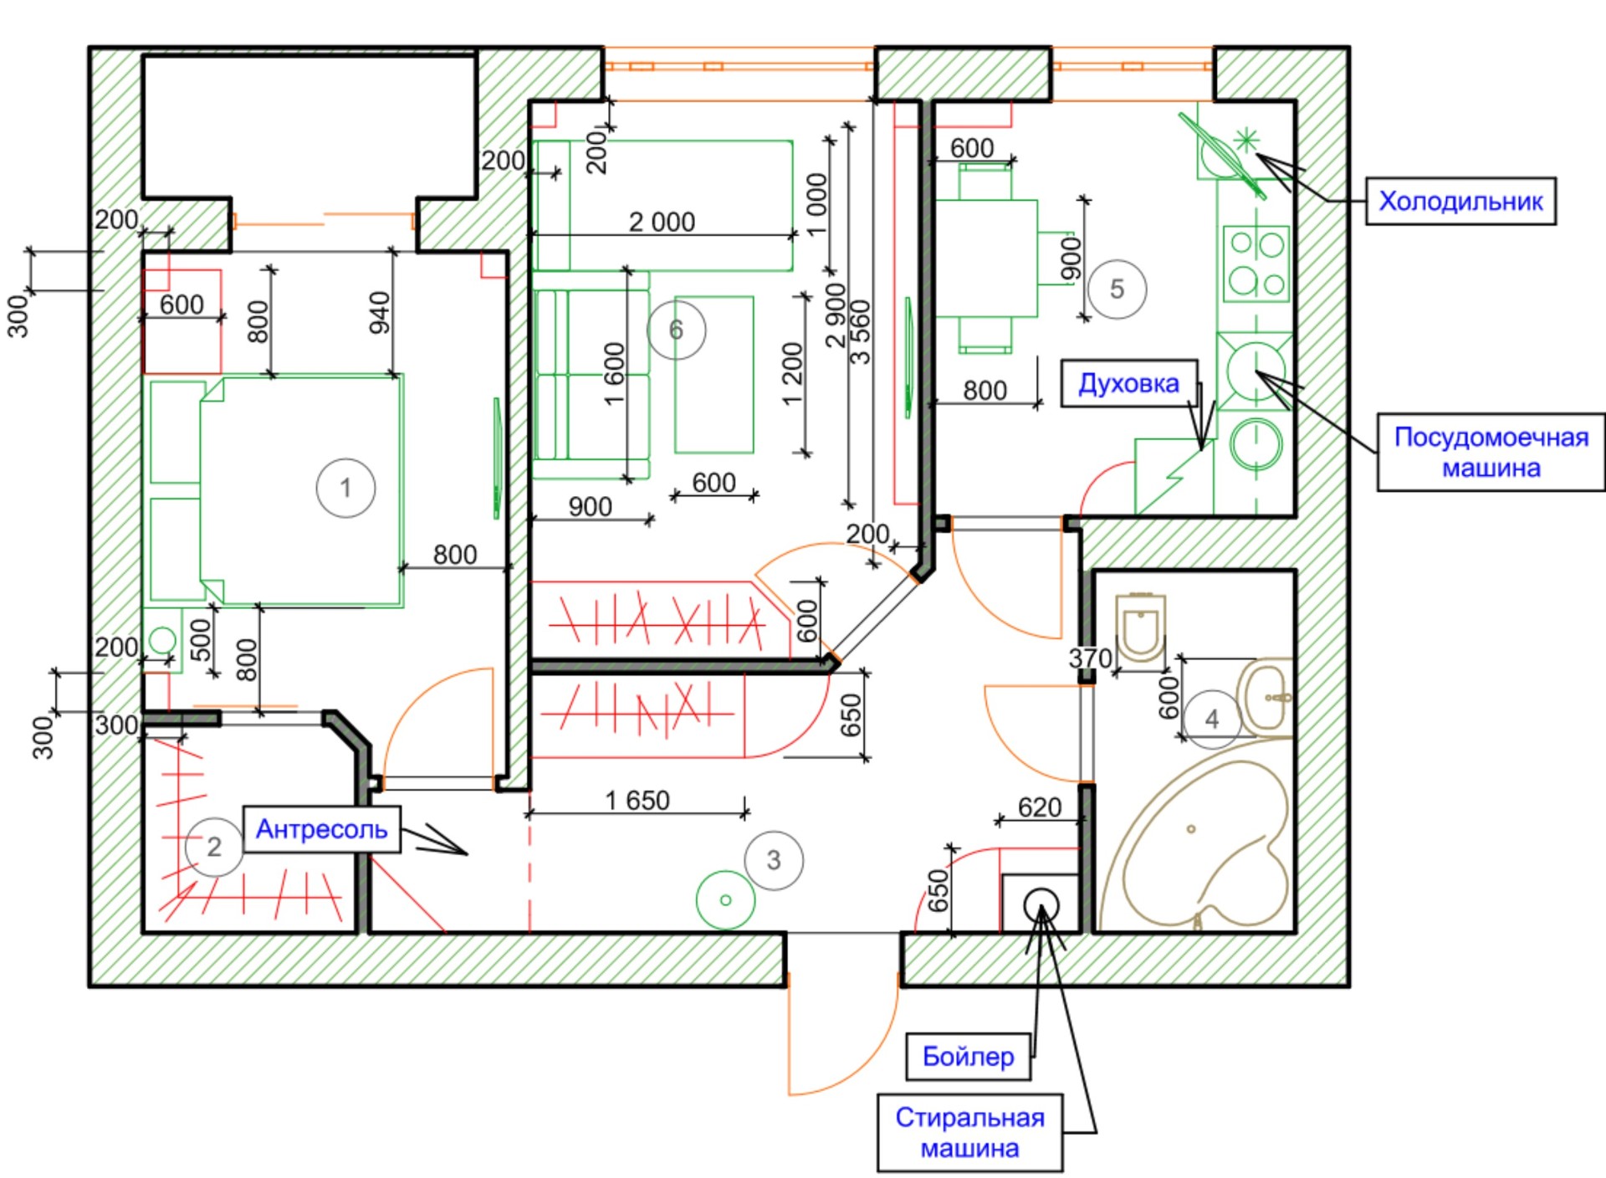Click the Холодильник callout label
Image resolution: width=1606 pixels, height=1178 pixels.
click(1460, 201)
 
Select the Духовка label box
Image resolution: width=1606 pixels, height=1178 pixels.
click(1129, 383)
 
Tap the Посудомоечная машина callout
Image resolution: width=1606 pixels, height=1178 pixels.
click(1491, 452)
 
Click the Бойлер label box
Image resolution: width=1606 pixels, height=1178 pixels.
click(969, 1057)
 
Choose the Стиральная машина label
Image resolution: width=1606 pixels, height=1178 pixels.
click(970, 1133)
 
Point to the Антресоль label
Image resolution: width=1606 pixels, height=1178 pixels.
click(322, 829)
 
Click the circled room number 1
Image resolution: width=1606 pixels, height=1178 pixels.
click(345, 488)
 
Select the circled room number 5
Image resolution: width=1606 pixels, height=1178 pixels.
click(1117, 289)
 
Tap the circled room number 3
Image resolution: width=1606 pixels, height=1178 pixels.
click(774, 860)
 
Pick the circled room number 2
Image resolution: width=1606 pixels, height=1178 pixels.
click(214, 847)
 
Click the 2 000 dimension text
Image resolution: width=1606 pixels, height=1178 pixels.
click(662, 222)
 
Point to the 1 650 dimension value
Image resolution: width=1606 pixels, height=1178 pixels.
click(637, 801)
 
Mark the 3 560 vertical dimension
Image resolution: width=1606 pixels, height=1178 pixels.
click(861, 332)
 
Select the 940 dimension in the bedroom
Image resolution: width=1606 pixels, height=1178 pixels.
click(380, 312)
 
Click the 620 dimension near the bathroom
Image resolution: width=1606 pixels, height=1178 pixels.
click(1040, 807)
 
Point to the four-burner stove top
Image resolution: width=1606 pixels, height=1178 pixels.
click(1256, 264)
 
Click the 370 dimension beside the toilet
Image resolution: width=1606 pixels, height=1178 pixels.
click(1091, 658)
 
